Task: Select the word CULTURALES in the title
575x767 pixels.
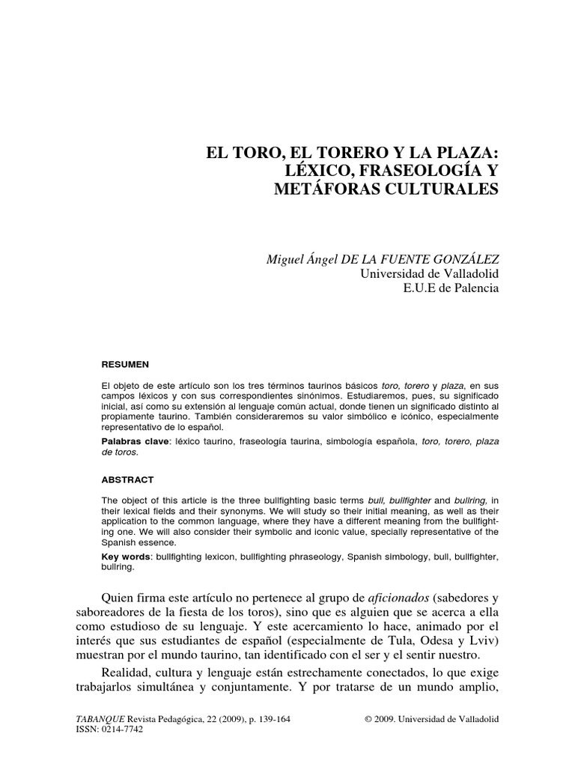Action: coord(442,190)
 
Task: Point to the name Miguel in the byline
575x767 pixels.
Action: coord(287,258)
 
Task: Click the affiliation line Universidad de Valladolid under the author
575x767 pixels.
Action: coord(429,273)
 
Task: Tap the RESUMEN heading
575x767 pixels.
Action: coord(125,365)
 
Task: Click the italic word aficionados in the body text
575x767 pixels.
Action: coord(400,597)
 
